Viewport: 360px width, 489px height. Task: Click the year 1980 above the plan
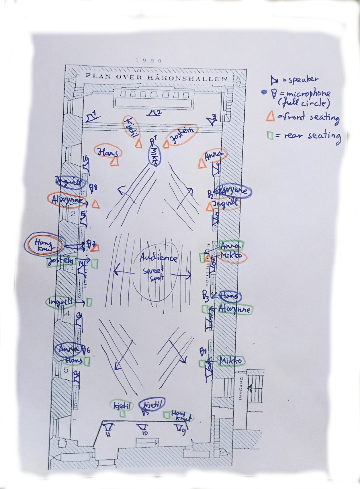pos(148,60)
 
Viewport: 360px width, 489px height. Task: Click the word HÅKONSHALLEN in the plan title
pos(187,78)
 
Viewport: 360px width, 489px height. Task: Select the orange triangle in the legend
pos(270,117)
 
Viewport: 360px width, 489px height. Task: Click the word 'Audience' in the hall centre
pos(159,258)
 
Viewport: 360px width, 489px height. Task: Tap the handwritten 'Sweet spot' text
pos(154,274)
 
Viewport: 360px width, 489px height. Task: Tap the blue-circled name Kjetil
pos(152,404)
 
